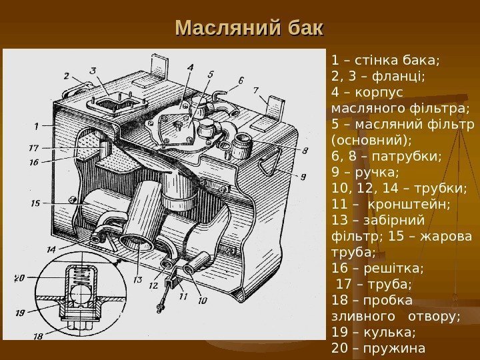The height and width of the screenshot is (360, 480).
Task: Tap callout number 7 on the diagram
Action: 256,88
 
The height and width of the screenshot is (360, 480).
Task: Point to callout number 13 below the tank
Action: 137,280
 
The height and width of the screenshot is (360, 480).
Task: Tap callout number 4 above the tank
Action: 191,67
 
